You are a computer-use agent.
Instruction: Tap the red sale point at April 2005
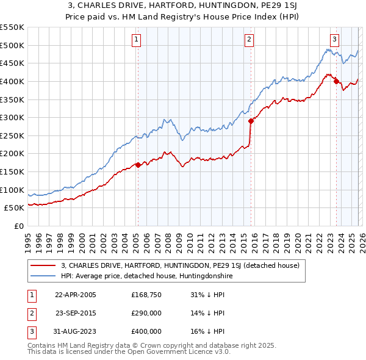138,165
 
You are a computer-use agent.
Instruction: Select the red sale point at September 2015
251,121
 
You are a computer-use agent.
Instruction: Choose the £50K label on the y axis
14,207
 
